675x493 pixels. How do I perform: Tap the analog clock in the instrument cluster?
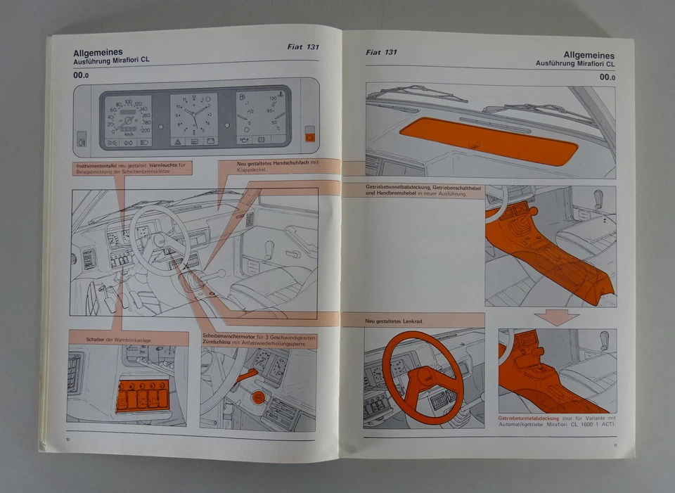point(193,119)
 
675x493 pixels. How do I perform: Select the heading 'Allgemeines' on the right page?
point(589,55)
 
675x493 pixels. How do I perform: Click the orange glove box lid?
point(488,141)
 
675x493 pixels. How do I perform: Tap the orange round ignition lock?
point(258,398)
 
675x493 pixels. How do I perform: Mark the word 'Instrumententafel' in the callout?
point(96,167)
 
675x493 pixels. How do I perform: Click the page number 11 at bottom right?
point(615,444)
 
